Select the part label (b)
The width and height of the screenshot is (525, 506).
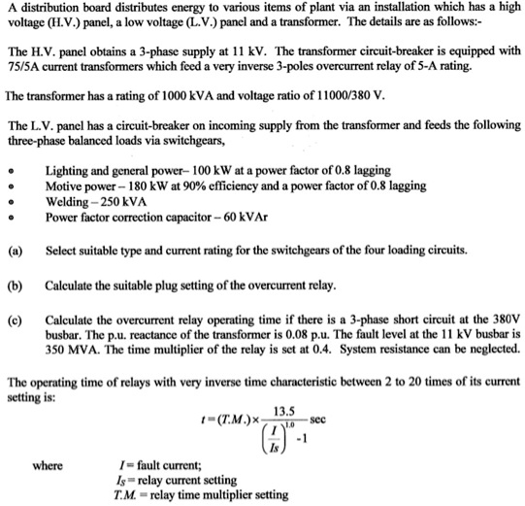coord(15,287)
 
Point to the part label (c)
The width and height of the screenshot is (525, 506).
coord(15,319)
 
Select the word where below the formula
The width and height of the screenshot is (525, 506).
coord(48,466)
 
